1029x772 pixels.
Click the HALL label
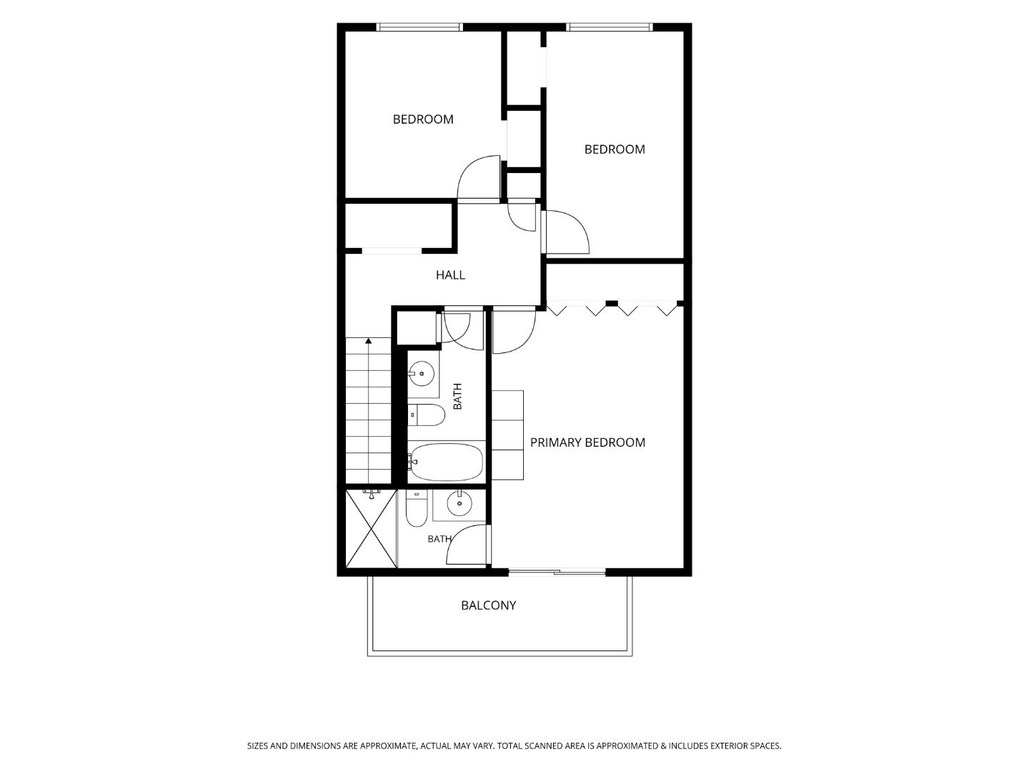tap(450, 275)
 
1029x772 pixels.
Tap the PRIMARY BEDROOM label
tap(587, 442)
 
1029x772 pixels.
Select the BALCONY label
tap(489, 605)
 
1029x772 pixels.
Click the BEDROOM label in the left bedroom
tap(423, 119)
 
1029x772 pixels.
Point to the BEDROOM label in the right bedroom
tap(615, 149)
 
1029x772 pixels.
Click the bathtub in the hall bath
tap(447, 462)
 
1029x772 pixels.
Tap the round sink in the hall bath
tap(421, 374)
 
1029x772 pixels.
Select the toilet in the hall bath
tap(426, 415)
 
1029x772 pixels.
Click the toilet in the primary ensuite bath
tap(417, 508)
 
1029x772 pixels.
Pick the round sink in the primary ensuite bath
tap(459, 503)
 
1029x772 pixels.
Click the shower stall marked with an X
tap(372, 529)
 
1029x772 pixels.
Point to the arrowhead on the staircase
tap(369, 341)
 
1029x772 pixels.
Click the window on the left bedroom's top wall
tap(419, 27)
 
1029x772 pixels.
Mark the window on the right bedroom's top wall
tap(610, 27)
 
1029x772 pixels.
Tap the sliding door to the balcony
tap(557, 572)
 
